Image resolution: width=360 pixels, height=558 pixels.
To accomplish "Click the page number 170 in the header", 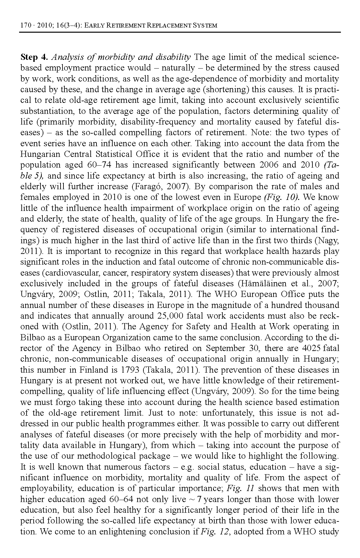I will point(25,25).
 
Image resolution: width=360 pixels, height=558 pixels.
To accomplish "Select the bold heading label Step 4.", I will point(34,57).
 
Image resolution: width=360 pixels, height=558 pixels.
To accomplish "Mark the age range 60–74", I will point(99,165).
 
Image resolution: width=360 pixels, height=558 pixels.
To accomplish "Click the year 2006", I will point(269,165).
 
